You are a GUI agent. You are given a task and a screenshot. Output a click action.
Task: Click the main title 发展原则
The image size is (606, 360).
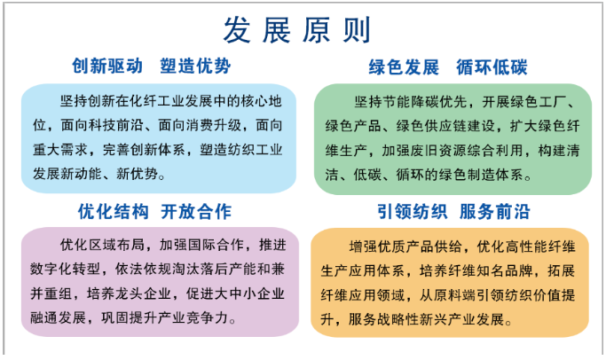point(297,30)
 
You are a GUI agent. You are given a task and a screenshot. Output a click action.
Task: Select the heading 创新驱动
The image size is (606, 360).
point(107,66)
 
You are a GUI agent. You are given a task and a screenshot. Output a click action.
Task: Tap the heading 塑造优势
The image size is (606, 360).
point(195,66)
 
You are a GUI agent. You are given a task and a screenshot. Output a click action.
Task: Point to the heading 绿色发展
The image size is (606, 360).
point(404,67)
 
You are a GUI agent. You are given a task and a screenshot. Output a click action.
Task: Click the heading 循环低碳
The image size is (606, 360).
point(492,67)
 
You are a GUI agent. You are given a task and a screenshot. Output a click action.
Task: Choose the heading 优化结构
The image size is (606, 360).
point(114,212)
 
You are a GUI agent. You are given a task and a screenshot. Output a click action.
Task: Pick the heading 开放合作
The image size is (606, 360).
point(196,212)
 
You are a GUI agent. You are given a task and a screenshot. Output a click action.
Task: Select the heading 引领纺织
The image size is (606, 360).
point(413,212)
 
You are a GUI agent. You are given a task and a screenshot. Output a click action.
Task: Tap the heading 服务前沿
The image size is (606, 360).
point(495,212)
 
